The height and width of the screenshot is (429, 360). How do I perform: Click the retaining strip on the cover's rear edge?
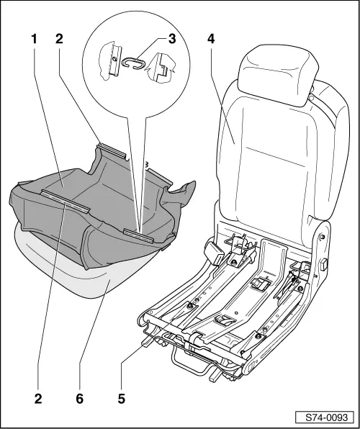pyautogui.click(x=112, y=151)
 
